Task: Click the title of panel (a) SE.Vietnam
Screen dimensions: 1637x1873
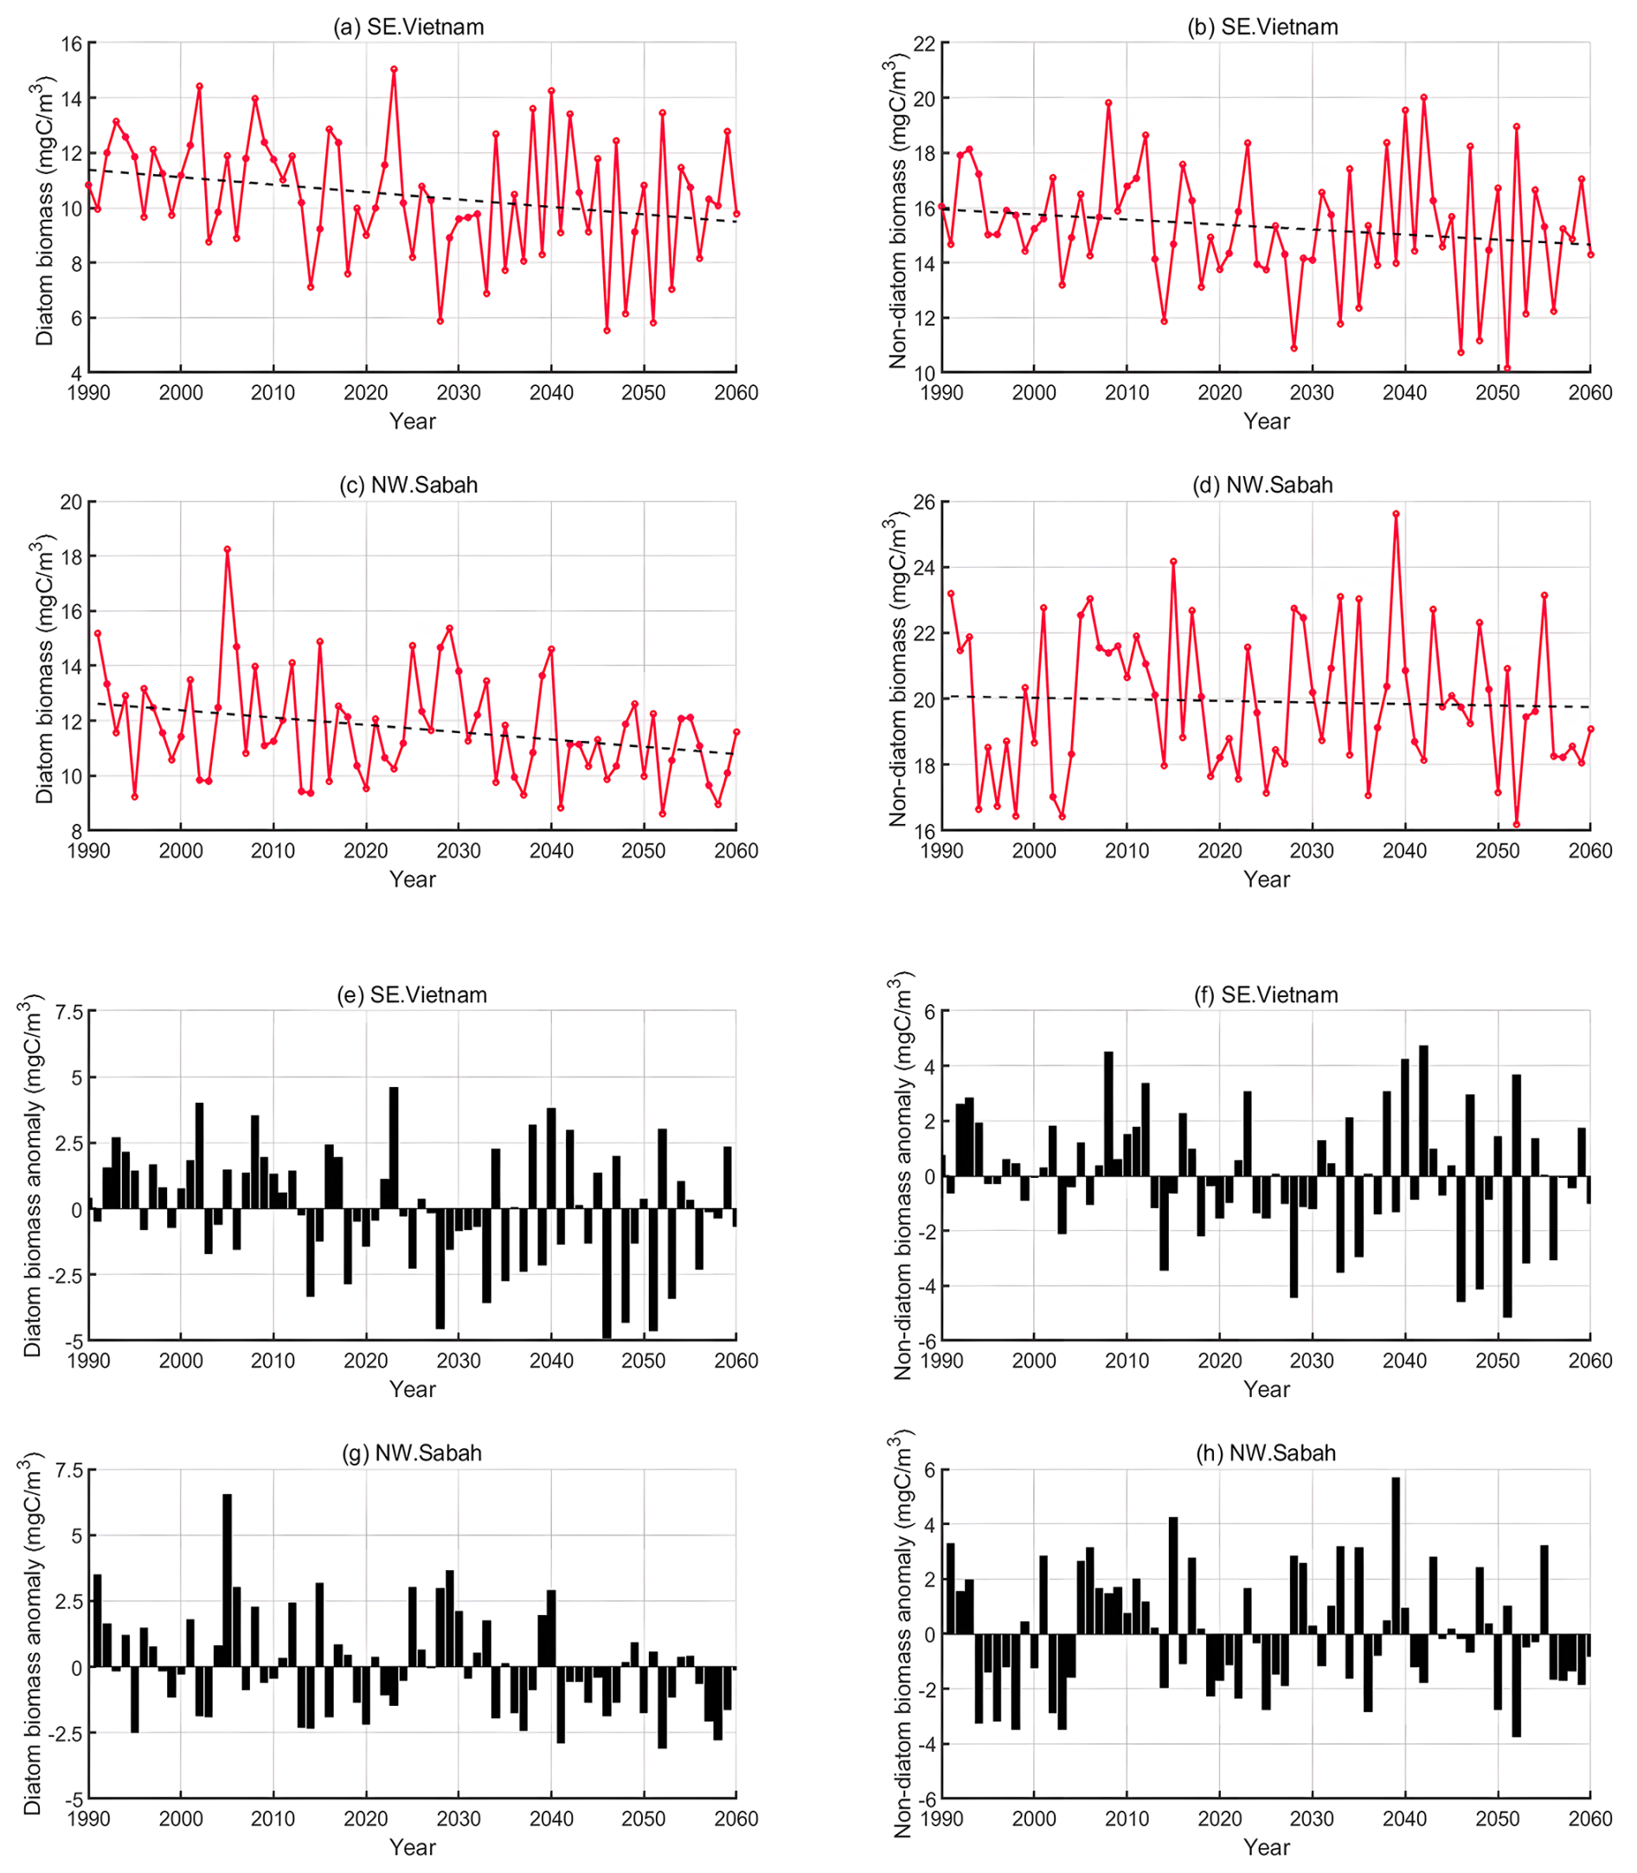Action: click(408, 27)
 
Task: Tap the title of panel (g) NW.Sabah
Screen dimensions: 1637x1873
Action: click(411, 1452)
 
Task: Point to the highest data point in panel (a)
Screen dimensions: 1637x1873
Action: click(394, 68)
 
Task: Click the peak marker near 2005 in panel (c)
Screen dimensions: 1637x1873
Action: click(228, 549)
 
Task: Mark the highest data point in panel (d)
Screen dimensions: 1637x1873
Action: click(1396, 513)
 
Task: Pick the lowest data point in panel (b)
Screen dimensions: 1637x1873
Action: click(1507, 368)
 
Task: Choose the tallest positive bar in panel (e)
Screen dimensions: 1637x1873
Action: click(394, 1149)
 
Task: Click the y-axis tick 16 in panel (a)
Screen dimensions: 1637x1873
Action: click(71, 44)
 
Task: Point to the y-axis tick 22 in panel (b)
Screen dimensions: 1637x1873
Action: click(924, 44)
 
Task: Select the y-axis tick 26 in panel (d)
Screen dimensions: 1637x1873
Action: click(924, 502)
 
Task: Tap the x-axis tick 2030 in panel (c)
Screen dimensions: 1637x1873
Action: click(459, 851)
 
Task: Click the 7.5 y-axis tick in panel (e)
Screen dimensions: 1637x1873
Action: click(68, 1012)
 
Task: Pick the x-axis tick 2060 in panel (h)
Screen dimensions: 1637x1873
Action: click(1590, 1819)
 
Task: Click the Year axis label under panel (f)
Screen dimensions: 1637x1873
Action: click(1266, 1389)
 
